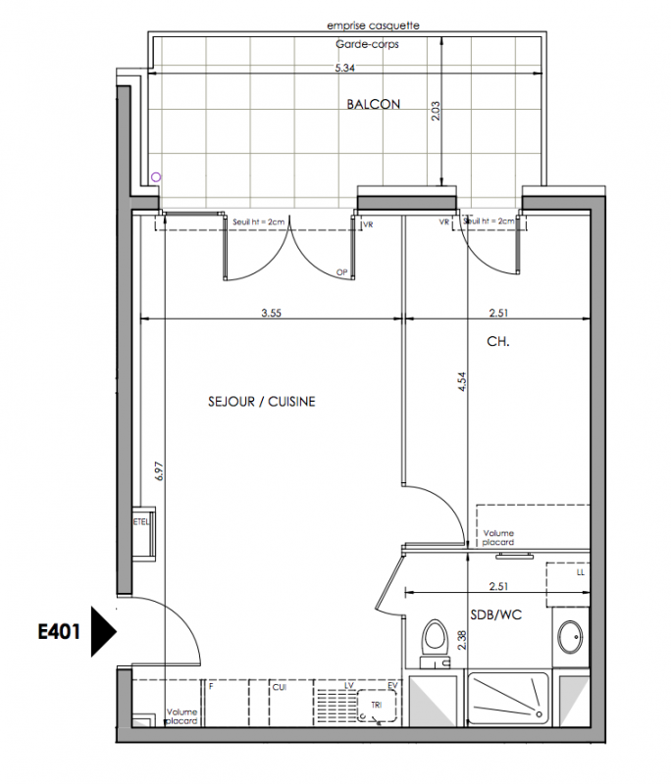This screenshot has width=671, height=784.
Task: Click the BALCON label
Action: (x=374, y=104)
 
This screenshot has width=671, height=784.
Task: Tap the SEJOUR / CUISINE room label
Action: (x=262, y=402)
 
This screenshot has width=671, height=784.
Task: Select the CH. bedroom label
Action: (x=498, y=341)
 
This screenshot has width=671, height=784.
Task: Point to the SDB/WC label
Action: (x=495, y=614)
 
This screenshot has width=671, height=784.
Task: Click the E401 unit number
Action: (x=59, y=632)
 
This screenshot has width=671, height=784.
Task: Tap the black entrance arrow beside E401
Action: (x=104, y=631)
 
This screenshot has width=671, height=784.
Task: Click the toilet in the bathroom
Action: (x=435, y=644)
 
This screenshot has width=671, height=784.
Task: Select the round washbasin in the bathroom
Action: (x=570, y=637)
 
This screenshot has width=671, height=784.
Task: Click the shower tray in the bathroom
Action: (x=508, y=699)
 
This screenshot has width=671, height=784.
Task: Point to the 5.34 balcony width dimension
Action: (x=344, y=68)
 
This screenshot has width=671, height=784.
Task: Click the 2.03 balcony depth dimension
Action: (x=436, y=111)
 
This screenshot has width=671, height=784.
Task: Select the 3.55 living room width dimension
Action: (x=271, y=313)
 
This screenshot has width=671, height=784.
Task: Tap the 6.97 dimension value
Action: (x=159, y=471)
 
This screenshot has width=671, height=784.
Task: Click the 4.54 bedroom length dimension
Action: (x=462, y=381)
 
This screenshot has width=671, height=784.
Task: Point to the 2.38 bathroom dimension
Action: (x=462, y=640)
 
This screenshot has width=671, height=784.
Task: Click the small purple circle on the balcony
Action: (x=156, y=177)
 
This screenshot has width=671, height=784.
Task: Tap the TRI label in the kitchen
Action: (x=377, y=705)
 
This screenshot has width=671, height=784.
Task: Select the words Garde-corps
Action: (x=367, y=44)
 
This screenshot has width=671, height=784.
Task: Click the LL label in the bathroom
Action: (x=581, y=572)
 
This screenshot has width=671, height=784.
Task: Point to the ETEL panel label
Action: (x=141, y=522)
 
